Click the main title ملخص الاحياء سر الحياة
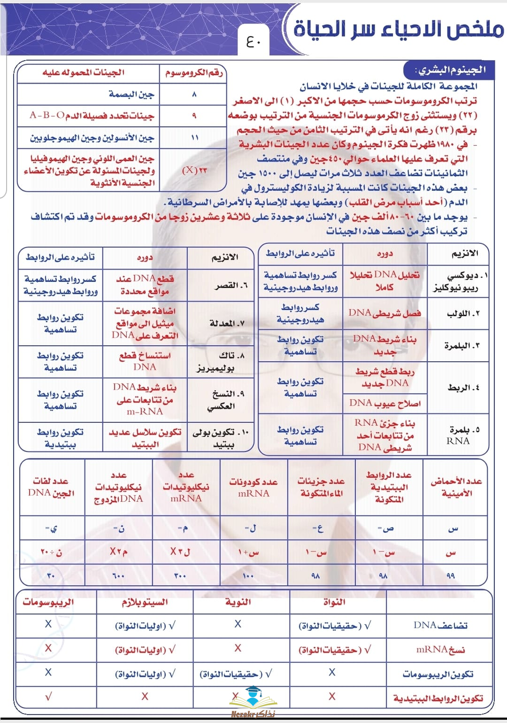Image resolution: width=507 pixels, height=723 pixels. tap(398, 29)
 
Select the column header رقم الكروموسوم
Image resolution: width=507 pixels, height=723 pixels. tap(194, 72)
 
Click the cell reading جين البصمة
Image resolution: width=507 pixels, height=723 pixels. tap(131, 94)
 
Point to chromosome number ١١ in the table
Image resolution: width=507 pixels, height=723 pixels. tap(194, 138)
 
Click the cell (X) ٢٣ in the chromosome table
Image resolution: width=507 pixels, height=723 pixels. tap(194, 170)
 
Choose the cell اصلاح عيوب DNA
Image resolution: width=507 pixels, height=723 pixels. tap(385, 403)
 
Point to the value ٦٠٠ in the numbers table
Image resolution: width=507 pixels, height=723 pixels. tap(119, 575)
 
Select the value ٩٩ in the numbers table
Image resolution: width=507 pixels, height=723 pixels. tap(451, 575)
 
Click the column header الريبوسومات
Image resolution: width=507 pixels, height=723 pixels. tap(48, 602)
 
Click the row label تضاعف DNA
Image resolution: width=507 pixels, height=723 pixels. tap(440, 625)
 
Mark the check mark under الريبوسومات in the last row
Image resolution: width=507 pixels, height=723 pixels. tap(48, 697)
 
